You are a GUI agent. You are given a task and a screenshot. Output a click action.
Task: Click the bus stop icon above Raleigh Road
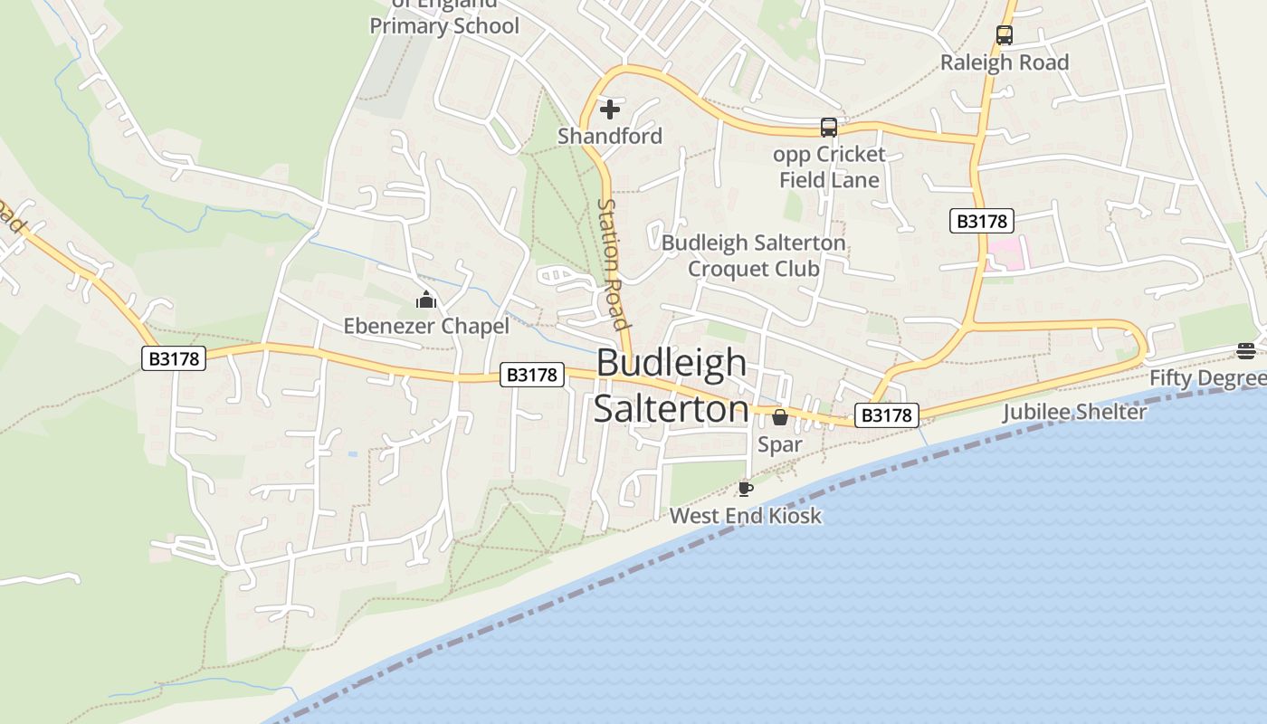pos(1004,35)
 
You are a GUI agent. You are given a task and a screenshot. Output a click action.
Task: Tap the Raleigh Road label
pos(1005,62)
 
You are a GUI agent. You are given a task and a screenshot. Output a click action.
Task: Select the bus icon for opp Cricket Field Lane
pos(828,128)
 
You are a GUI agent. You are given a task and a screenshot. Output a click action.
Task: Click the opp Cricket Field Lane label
pos(829,167)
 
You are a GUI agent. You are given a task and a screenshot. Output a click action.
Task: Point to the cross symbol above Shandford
pos(610,110)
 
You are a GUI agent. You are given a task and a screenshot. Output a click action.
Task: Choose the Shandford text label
pos(610,136)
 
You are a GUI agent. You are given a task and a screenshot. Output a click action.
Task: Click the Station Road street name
pos(613,264)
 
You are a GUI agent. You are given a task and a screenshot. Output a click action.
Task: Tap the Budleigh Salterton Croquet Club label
pos(754,256)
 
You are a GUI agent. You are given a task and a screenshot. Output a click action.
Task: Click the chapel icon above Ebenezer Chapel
pos(425,300)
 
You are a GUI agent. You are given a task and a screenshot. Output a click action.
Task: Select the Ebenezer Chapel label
pos(425,326)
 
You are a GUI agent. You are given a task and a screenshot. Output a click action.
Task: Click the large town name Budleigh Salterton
pos(672,386)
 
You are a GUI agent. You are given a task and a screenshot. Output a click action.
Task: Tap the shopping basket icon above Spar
pos(779,417)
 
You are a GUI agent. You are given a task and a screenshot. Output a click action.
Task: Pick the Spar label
pos(779,444)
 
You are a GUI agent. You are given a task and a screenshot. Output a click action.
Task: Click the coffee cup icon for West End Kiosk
pos(745,489)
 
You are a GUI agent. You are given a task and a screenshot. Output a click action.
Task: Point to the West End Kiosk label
pos(745,516)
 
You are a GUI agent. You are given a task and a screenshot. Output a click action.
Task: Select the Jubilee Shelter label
pos(1074,413)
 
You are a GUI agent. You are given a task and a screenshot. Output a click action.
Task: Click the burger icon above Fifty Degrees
pos(1246,351)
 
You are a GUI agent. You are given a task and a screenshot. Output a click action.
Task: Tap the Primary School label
pos(444,25)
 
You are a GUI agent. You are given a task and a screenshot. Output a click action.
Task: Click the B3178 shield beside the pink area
pos(982,221)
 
